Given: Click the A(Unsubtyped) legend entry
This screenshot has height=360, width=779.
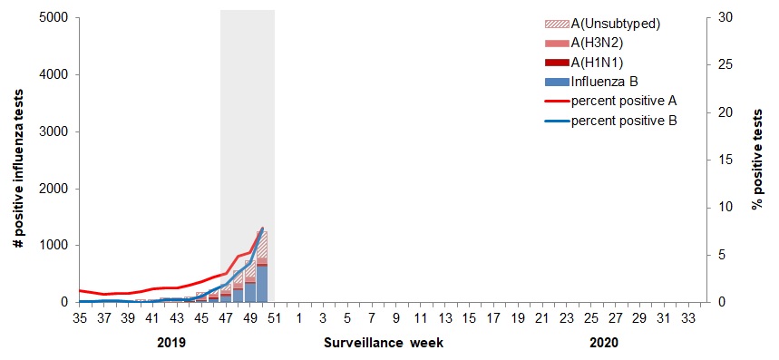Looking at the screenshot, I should [x=614, y=24].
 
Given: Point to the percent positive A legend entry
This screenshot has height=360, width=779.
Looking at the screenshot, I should [x=624, y=100].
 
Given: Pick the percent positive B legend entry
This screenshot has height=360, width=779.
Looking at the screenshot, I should [x=624, y=119].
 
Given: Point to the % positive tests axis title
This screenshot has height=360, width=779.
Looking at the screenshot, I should [x=757, y=160].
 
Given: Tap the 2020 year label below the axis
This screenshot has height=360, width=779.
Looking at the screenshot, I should [x=604, y=344].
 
